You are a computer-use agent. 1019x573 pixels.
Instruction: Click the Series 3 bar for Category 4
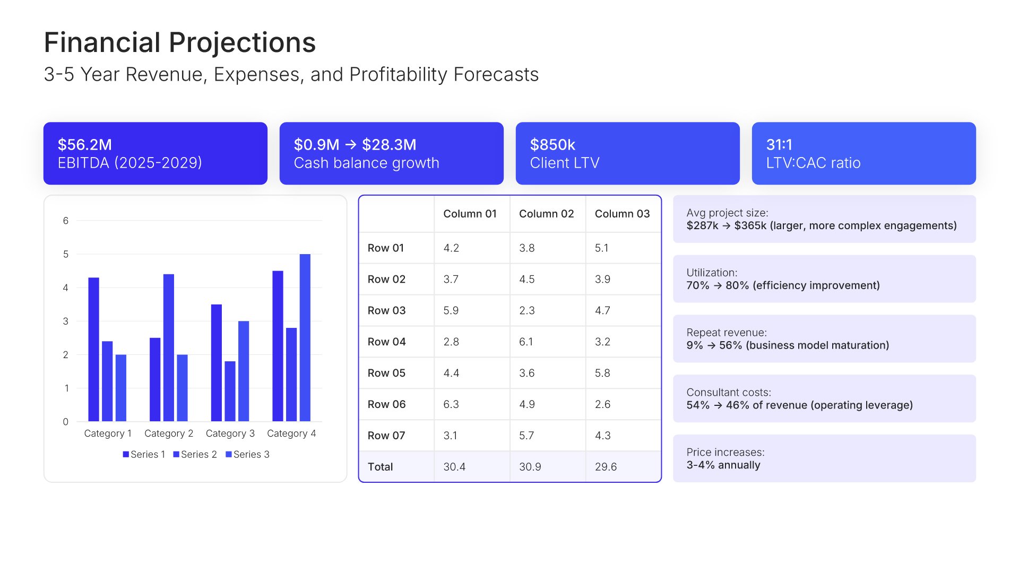(x=305, y=337)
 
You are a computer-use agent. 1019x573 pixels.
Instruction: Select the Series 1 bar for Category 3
(x=216, y=362)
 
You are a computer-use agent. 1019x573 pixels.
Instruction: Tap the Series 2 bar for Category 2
(x=169, y=348)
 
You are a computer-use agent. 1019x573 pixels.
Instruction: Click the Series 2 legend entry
(x=195, y=455)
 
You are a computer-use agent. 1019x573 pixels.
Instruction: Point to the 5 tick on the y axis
(x=66, y=254)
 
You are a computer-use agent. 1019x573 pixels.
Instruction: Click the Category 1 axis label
(x=108, y=433)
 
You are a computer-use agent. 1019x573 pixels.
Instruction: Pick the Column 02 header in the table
(x=546, y=214)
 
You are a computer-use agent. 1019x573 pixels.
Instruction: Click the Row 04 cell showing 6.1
(x=526, y=342)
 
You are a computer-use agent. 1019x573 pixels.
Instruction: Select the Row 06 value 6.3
(x=451, y=404)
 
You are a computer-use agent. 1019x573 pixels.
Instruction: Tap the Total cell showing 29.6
(x=606, y=467)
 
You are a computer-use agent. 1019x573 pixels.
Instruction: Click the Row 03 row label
(x=386, y=310)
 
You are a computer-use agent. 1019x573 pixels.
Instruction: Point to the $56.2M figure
(x=85, y=144)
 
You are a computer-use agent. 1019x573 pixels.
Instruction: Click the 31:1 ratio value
(x=779, y=144)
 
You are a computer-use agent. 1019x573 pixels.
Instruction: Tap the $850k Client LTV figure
(x=552, y=144)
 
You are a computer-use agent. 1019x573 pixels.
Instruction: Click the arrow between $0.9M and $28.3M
(x=350, y=144)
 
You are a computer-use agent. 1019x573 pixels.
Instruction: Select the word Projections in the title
(x=242, y=42)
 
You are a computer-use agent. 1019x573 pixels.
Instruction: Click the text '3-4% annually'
(x=723, y=465)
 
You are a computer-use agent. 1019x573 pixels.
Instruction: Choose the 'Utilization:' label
(x=712, y=273)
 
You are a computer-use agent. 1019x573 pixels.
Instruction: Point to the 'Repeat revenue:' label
(x=726, y=333)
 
